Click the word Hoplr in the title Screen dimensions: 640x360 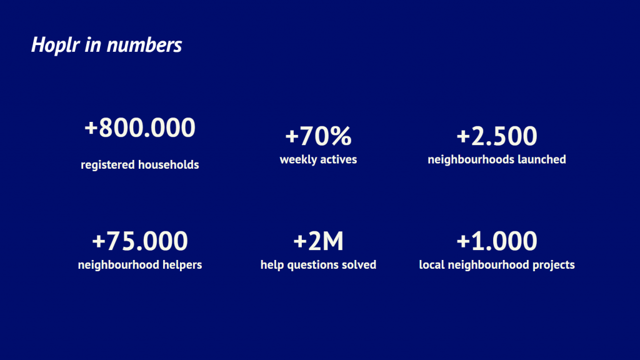click(x=56, y=45)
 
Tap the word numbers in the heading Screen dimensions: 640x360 click(x=144, y=44)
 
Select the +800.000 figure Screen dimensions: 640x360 click(x=140, y=127)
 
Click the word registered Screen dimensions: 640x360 click(x=107, y=165)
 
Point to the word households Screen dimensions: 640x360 click(x=169, y=164)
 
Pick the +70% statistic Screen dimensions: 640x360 click(x=318, y=136)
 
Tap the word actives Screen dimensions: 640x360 click(x=338, y=159)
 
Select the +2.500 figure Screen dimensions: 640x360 click(x=497, y=136)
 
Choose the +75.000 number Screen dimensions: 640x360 click(x=140, y=241)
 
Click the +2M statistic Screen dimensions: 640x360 click(x=318, y=241)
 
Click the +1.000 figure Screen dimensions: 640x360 click(x=497, y=241)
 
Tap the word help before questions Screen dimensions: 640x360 click(x=272, y=265)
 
